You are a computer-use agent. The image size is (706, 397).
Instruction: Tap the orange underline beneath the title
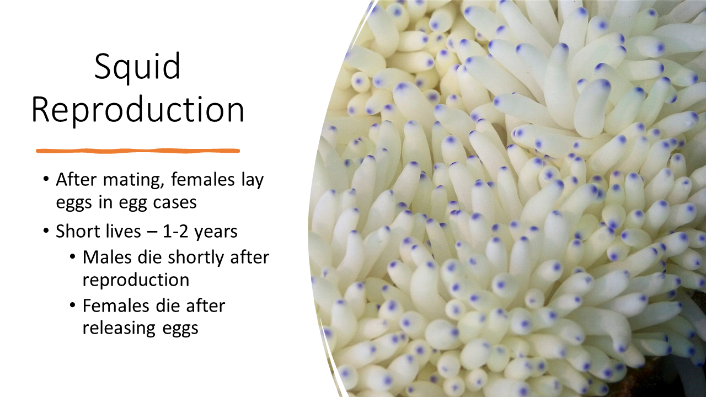tap(138, 151)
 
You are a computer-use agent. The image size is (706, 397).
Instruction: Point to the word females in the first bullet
tap(202, 180)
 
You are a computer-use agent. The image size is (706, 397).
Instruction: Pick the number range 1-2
tap(176, 232)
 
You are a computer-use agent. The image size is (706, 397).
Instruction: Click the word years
tap(216, 233)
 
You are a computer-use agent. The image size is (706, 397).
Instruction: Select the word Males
tap(107, 257)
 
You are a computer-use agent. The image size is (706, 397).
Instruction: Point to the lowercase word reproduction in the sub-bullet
tap(136, 280)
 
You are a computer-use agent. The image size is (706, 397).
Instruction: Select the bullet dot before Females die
tap(73, 305)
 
